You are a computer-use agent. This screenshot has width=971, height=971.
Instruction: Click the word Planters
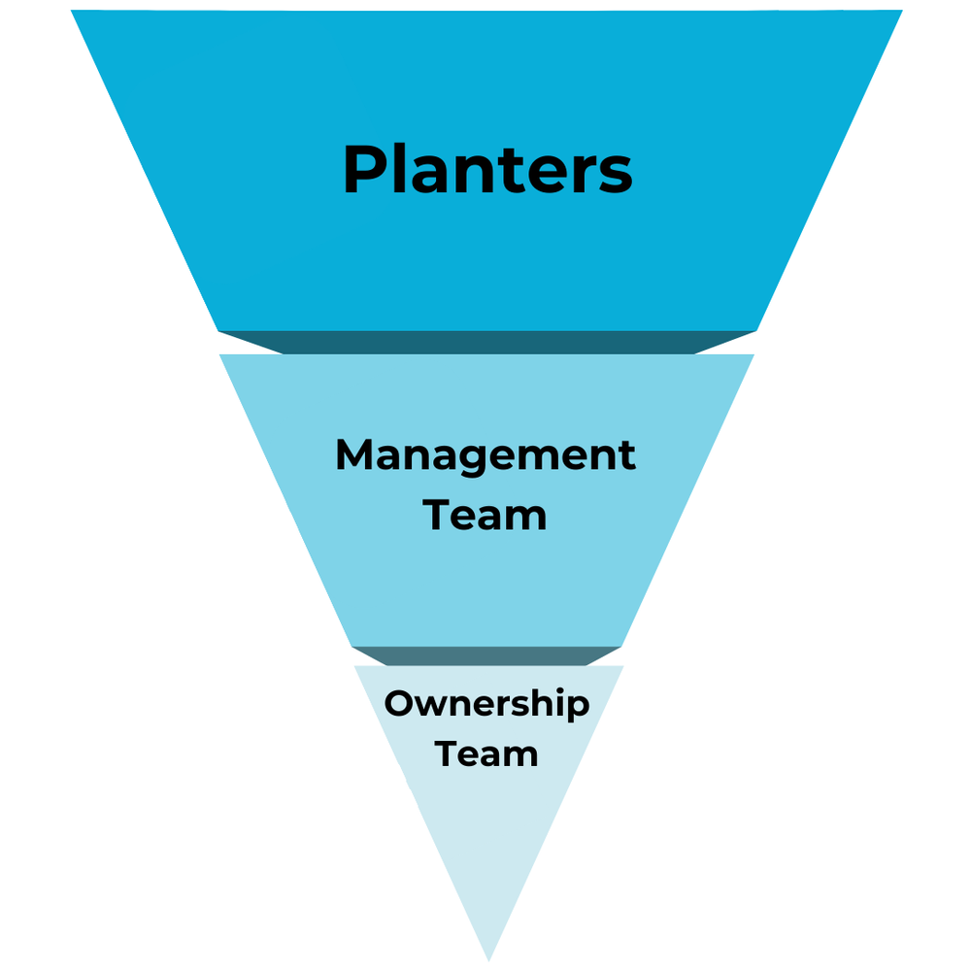pyautogui.click(x=487, y=171)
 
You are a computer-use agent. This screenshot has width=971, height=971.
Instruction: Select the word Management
pyautogui.click(x=485, y=454)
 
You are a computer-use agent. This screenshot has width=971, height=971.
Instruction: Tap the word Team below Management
pyautogui.click(x=485, y=514)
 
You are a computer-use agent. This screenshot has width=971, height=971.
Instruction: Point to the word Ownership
pyautogui.click(x=486, y=705)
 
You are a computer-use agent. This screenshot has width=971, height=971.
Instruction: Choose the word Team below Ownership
pyautogui.click(x=486, y=753)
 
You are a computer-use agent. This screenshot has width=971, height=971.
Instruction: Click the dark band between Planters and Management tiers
pyautogui.click(x=487, y=342)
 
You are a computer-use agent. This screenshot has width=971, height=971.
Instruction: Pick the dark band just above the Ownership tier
pyautogui.click(x=487, y=655)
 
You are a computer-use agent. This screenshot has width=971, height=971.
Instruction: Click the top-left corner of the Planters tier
pyautogui.click(x=73, y=13)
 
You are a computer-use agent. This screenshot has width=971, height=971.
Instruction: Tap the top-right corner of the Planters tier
pyautogui.click(x=901, y=13)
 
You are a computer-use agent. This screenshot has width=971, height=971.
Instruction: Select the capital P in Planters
pyautogui.click(x=363, y=171)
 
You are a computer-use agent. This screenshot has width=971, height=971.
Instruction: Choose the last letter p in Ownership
pyautogui.click(x=580, y=709)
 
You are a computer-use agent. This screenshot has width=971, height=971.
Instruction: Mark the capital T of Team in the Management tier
pyautogui.click(x=440, y=514)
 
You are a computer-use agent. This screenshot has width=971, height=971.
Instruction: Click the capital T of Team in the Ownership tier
pyautogui.click(x=448, y=753)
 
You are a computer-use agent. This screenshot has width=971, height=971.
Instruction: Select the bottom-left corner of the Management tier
pyautogui.click(x=353, y=645)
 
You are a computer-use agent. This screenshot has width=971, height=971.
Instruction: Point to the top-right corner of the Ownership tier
pyautogui.click(x=621, y=667)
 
